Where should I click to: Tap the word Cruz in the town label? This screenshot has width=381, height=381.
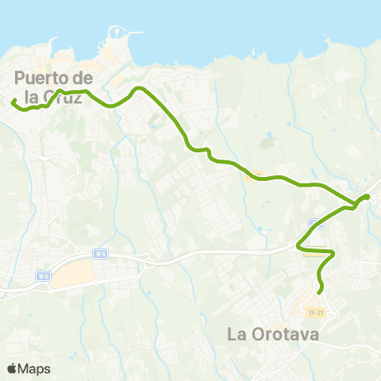71,98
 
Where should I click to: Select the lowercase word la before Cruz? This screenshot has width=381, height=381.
34,98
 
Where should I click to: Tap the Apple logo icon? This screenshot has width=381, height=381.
12,368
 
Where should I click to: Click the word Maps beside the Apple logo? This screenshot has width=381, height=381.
34,368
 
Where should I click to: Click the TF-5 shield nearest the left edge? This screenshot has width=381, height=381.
43,276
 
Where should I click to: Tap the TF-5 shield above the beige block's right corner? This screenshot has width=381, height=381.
99,254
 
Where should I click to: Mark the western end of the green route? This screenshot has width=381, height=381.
13,101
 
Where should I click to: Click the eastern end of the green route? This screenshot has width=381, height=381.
368,196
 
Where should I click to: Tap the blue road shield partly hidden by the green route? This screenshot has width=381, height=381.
317,223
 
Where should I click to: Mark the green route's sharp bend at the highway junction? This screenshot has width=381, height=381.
299,247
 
